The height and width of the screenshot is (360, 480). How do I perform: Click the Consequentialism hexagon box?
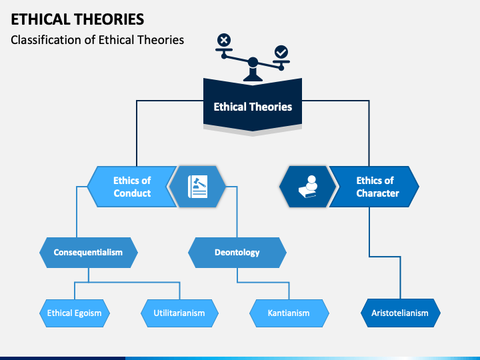tap(89, 253)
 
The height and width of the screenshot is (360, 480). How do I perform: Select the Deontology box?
tap(237, 253)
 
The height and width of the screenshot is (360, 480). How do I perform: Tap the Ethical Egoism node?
tap(75, 313)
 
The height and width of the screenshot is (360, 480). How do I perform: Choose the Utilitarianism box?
tap(179, 313)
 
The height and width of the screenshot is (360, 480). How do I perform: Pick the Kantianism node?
tap(289, 313)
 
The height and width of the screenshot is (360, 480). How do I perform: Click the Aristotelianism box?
tap(401, 313)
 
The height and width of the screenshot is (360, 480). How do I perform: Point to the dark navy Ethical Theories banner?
tap(253, 105)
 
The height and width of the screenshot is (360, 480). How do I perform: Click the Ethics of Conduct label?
tap(132, 187)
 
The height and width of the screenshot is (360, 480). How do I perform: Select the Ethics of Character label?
tap(377, 187)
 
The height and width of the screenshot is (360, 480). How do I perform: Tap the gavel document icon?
tap(197, 187)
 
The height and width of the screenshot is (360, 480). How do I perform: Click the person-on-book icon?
tap(308, 187)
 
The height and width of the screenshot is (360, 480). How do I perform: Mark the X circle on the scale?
tap(224, 40)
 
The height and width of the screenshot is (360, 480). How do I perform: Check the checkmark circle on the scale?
tap(281, 52)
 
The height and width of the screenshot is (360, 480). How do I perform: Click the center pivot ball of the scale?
tap(253, 62)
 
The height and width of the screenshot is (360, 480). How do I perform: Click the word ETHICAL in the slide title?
tap(41, 19)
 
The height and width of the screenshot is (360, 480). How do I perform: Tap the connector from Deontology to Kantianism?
tap(263, 282)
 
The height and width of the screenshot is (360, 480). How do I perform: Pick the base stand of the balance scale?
tap(253, 74)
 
